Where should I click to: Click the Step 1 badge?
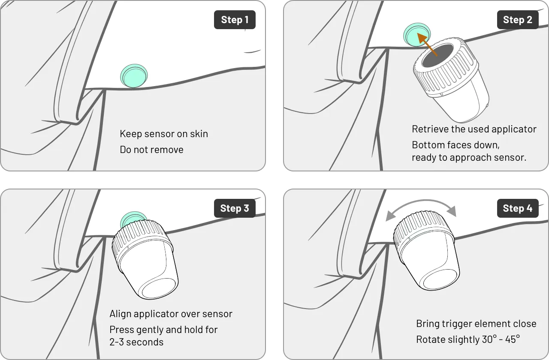(235, 20)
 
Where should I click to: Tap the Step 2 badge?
(518, 20)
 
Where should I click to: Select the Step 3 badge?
(235, 208)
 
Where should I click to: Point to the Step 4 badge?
(518, 208)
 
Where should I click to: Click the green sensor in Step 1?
(134, 76)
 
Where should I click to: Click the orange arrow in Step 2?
(427, 45)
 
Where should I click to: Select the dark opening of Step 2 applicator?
(437, 56)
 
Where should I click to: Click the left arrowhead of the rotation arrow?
(391, 216)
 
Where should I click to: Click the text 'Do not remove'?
(151, 150)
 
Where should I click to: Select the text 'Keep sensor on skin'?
(164, 134)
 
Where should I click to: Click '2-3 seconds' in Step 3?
(136, 342)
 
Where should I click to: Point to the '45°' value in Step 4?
(512, 339)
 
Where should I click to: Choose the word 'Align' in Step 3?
(121, 314)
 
